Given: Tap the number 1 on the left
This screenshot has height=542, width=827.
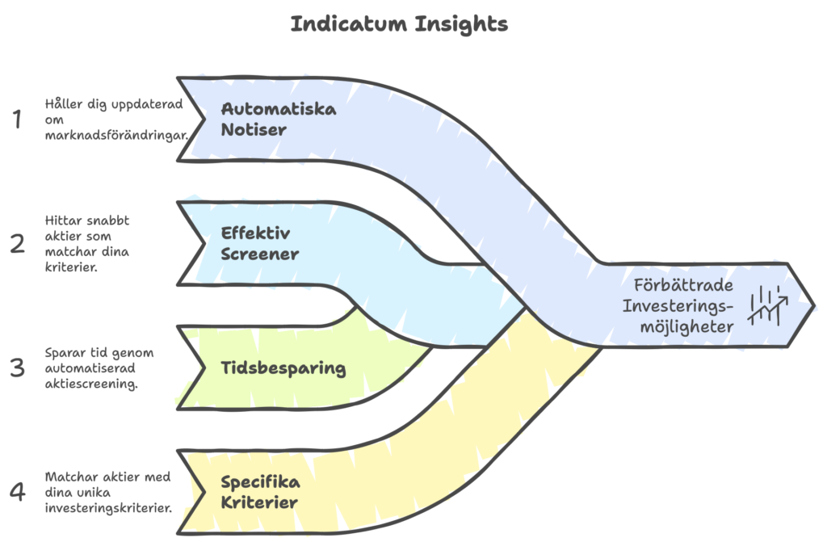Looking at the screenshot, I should [x=16, y=120].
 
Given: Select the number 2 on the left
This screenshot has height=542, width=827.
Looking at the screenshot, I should [x=17, y=243].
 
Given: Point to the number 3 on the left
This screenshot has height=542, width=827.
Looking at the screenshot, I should [x=17, y=368].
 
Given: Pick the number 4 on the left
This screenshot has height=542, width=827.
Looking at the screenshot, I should [x=17, y=492].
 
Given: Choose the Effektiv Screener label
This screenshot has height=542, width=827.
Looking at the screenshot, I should [x=260, y=243].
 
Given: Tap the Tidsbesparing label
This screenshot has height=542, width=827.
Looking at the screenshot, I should [x=283, y=369].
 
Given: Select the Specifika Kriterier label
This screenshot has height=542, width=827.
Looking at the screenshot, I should [x=260, y=493].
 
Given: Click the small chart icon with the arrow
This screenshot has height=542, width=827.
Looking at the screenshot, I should [x=768, y=305].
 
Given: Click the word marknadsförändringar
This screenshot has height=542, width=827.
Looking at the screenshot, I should [x=116, y=134].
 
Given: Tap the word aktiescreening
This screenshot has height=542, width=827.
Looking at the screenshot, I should [x=91, y=384].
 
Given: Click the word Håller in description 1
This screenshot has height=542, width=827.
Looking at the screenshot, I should [x=63, y=104].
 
